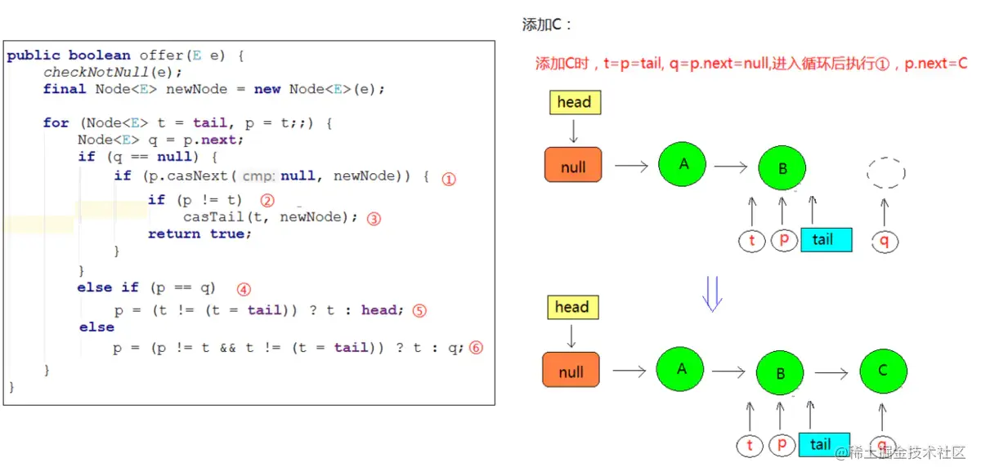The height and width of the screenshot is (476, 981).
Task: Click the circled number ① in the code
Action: [448, 179]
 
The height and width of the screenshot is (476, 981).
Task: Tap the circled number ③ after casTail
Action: [374, 219]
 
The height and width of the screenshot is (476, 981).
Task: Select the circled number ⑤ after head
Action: [419, 310]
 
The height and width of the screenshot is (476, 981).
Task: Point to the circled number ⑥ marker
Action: [476, 348]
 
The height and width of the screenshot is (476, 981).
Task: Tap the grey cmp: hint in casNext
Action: [258, 176]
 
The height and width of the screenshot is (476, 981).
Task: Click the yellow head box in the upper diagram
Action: [574, 103]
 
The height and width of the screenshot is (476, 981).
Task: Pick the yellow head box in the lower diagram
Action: [571, 308]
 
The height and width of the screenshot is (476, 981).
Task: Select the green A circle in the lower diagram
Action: [681, 369]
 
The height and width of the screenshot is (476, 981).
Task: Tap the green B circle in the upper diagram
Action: [782, 168]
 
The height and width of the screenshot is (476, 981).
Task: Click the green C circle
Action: [883, 371]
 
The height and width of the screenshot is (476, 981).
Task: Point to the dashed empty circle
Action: [885, 172]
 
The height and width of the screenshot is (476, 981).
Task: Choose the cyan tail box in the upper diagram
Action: [826, 240]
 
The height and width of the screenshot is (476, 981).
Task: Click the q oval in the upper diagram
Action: [884, 241]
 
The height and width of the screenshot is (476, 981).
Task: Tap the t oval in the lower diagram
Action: [750, 446]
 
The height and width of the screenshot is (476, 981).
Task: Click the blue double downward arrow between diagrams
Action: [712, 293]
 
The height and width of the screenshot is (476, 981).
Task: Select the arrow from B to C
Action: [831, 373]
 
